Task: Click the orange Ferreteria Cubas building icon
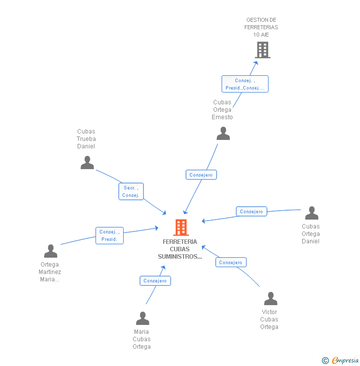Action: (x=181, y=228)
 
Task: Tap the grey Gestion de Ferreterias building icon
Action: (x=263, y=49)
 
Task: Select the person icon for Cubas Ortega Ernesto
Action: (x=223, y=134)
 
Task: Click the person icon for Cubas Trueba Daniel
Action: (x=87, y=163)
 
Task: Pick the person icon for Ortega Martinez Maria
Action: (x=50, y=251)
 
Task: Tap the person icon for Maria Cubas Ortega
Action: (x=142, y=319)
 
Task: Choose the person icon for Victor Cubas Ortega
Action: (x=270, y=299)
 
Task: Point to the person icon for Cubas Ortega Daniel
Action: (x=312, y=213)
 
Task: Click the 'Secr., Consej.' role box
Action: (x=131, y=191)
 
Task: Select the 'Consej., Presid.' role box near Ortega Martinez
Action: (x=109, y=235)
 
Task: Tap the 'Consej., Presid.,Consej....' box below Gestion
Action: (x=245, y=84)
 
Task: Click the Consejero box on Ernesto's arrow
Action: (x=201, y=175)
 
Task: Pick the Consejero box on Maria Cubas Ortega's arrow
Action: (x=155, y=281)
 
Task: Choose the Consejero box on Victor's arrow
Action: (x=231, y=263)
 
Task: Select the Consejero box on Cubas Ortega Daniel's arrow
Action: (x=252, y=212)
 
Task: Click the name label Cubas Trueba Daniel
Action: (x=87, y=139)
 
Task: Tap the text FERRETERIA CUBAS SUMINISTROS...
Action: (x=180, y=249)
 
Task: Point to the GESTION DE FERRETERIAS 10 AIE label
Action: (x=261, y=27)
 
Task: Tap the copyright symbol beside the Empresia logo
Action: (x=325, y=361)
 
